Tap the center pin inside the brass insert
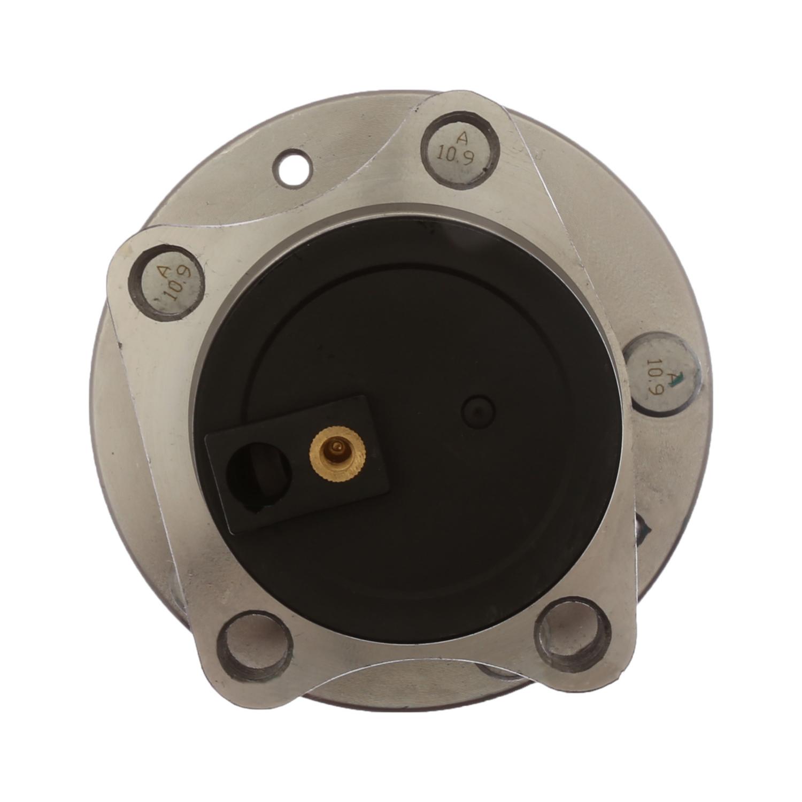336,446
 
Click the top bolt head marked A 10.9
460,146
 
